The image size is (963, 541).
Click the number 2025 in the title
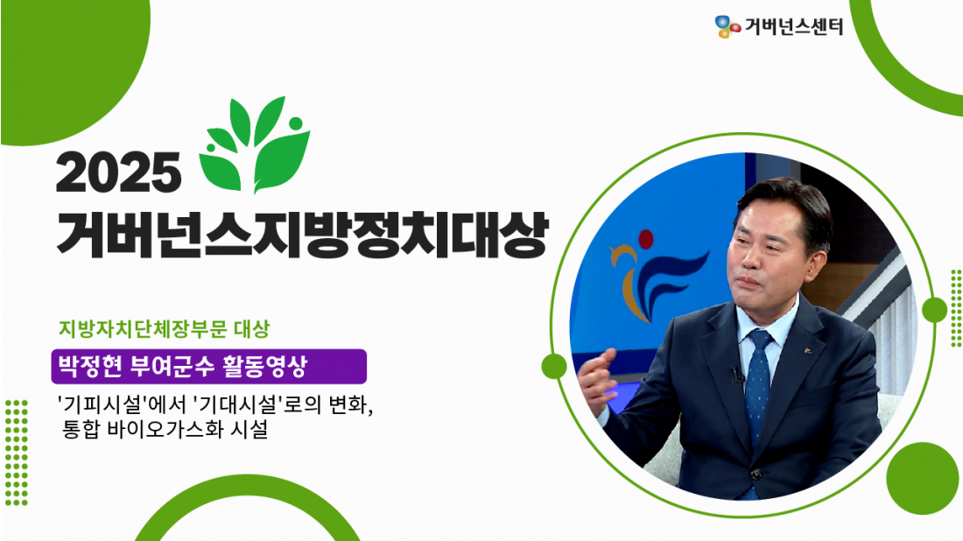click(x=118, y=172)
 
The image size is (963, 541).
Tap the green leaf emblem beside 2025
click(x=254, y=144)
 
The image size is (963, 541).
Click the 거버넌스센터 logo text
click(x=793, y=26)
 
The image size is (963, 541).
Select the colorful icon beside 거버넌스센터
click(x=728, y=26)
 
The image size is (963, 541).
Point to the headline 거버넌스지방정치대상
click(x=301, y=235)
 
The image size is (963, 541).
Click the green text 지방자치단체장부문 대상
click(x=164, y=328)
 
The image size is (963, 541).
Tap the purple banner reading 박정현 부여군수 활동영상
click(x=209, y=367)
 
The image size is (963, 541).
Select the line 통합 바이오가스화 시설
click(x=165, y=429)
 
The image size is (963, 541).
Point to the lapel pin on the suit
click(x=808, y=351)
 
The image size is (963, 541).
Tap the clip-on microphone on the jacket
click(x=736, y=374)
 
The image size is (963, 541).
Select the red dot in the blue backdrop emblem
click(x=645, y=239)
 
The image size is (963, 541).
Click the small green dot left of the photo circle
click(x=554, y=366)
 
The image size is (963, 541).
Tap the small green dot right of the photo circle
click(x=934, y=310)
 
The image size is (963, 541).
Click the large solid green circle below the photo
click(x=922, y=478)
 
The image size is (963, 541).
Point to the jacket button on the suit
click(x=756, y=474)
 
